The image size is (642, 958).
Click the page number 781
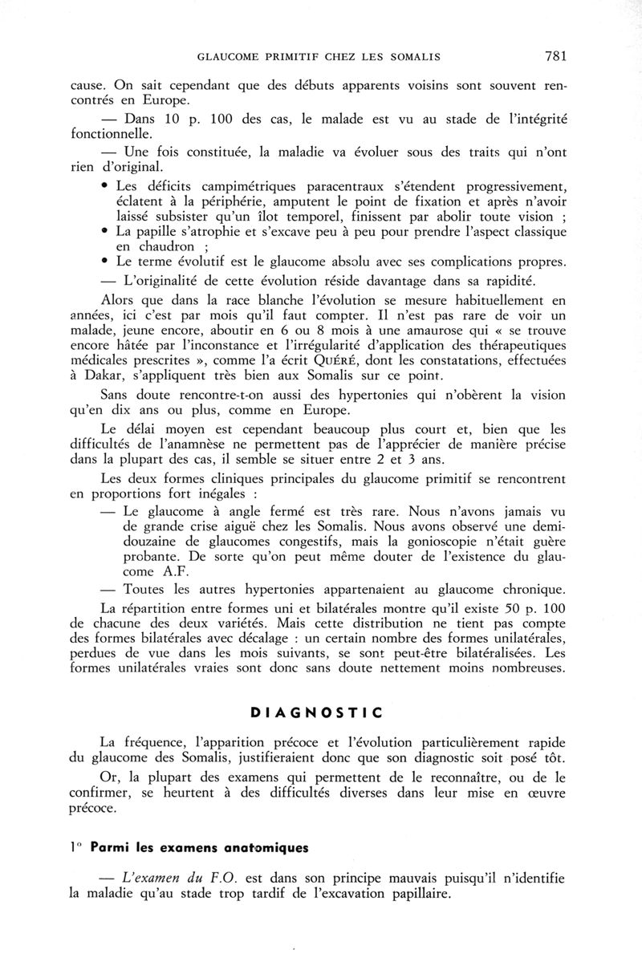[555, 56]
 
